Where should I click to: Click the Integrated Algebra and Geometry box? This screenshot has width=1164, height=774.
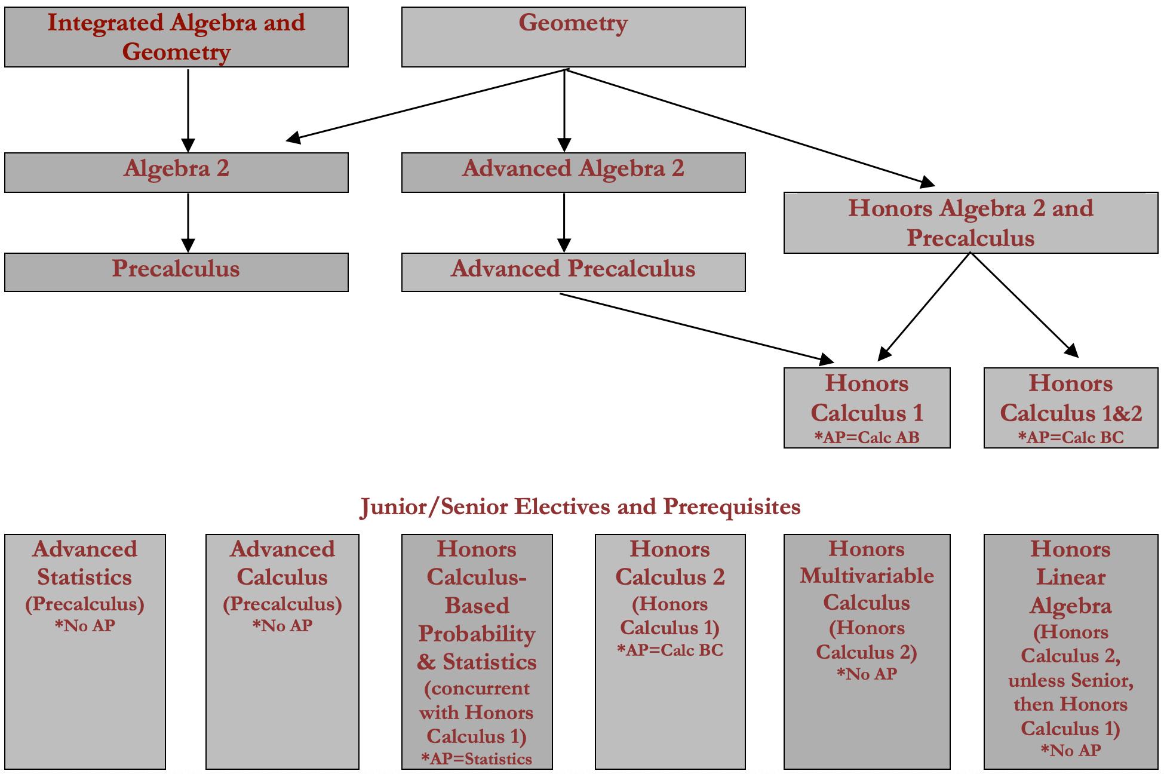(176, 37)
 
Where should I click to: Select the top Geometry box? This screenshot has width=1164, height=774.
(573, 37)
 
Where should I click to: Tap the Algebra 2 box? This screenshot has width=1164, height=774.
(176, 173)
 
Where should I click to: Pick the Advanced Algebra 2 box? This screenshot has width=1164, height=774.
(573, 173)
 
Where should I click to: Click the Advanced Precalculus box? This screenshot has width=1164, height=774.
(573, 272)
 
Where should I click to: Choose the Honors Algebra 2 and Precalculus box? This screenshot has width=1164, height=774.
(970, 223)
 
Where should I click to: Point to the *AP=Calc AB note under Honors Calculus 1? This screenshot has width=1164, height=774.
(867, 438)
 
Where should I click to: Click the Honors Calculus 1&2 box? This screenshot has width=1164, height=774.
(1071, 408)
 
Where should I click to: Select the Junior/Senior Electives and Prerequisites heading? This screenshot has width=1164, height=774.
(580, 507)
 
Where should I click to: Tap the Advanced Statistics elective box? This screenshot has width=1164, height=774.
(85, 652)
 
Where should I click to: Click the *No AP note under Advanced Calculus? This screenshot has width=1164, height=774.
(282, 626)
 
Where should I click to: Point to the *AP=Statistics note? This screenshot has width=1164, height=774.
(477, 759)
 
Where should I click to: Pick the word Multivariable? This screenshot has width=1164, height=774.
(867, 576)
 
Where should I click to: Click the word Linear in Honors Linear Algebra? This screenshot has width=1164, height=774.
(1071, 577)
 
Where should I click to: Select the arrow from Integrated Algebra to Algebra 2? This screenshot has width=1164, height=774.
(188, 111)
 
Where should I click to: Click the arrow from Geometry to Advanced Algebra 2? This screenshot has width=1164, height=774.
(564, 111)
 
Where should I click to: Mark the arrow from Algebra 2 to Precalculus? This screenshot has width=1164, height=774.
(188, 223)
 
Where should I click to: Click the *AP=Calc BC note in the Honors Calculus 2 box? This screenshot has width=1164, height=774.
(670, 650)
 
